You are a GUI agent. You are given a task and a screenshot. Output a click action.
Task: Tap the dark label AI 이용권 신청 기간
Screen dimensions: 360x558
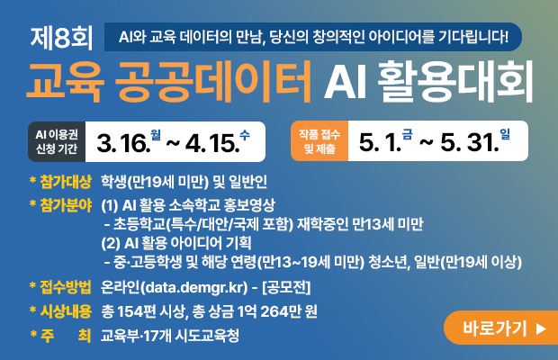tap(56, 141)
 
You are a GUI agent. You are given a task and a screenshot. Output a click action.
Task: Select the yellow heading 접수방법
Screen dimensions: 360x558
tap(63, 288)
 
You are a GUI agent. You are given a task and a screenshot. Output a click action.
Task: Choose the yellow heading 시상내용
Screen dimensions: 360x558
tap(63, 312)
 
